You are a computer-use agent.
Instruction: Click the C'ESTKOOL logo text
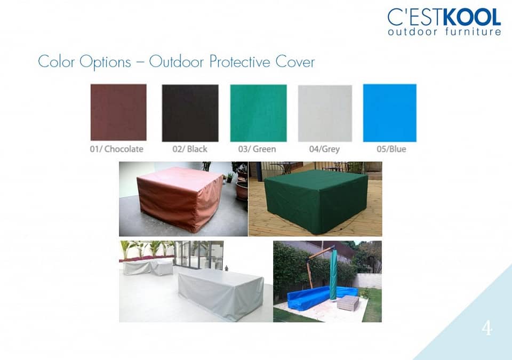(444, 17)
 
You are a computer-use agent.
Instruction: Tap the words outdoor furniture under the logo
(444, 31)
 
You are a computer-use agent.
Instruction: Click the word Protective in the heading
(239, 62)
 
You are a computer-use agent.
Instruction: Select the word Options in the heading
(105, 62)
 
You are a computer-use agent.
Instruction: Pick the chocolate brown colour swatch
(118, 113)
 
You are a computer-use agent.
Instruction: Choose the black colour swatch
(190, 113)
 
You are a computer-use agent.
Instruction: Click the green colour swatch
(258, 113)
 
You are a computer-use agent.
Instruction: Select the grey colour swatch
(325, 114)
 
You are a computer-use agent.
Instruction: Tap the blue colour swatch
(389, 113)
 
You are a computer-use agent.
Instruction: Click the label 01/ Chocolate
(117, 149)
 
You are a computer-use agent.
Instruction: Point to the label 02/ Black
(190, 149)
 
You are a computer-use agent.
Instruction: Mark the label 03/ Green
(257, 149)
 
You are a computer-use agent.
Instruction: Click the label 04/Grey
(324, 149)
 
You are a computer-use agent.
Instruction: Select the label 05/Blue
(391, 149)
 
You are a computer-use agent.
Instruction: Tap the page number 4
(487, 328)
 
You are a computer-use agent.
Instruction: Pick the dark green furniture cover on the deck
(315, 202)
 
